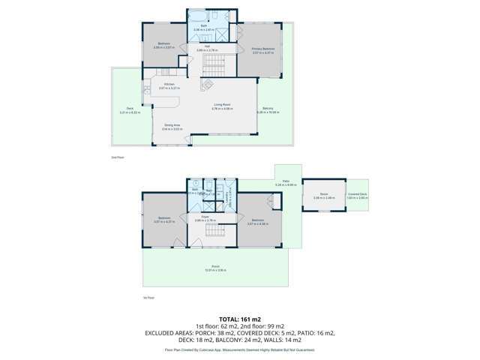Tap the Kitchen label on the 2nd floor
[x=160, y=84]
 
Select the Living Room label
[x=221, y=105]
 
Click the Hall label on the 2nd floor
[x=207, y=46]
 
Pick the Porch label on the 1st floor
[x=214, y=268]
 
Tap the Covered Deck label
[x=357, y=193]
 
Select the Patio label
[x=286, y=181]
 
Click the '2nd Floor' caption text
[x=116, y=157]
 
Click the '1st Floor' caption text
[x=148, y=298]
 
